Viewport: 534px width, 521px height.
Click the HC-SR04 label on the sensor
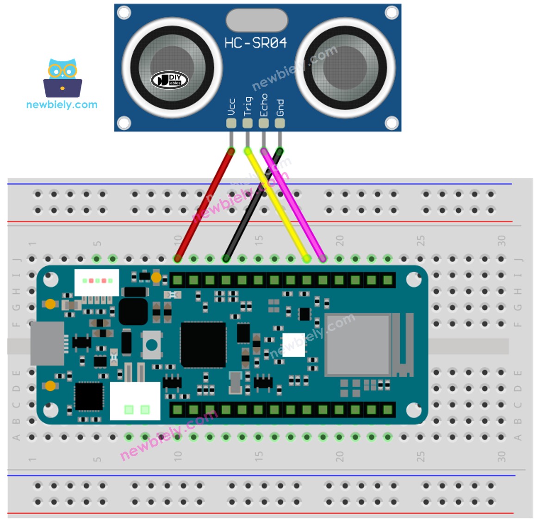point(255,43)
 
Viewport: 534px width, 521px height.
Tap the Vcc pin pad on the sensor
point(231,123)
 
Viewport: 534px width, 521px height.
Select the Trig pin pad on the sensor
point(248,123)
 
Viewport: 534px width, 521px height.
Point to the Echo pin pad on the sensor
point(263,123)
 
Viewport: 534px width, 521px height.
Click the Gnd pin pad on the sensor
point(279,123)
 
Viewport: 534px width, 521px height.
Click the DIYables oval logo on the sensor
point(169,80)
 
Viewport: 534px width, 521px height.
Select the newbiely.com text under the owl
point(62,105)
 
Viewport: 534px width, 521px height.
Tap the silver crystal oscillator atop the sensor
point(257,20)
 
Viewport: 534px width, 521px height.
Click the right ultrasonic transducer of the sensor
point(345,68)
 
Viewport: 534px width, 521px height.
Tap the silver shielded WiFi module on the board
point(358,344)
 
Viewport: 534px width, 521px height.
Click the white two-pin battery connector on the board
point(136,401)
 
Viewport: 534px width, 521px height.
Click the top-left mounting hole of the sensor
point(124,13)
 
